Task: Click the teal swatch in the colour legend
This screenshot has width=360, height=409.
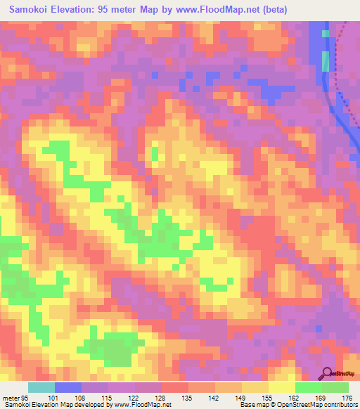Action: pyautogui.click(x=41, y=387)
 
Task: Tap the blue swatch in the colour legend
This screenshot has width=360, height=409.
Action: pyautogui.click(x=67, y=387)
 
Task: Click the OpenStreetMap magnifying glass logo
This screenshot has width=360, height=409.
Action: pyautogui.click(x=326, y=373)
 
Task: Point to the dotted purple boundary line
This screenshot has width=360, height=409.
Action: pyautogui.click(x=338, y=70)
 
